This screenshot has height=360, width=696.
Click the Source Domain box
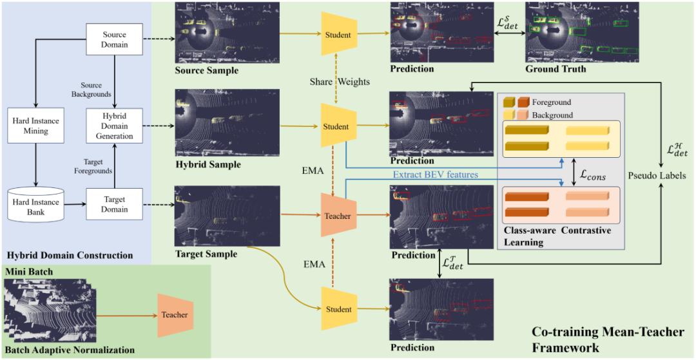(114, 39)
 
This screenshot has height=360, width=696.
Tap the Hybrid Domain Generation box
(114, 125)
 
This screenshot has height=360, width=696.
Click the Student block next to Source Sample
(338, 33)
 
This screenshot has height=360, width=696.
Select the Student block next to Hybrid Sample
(338, 126)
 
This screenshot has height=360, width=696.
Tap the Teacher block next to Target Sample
(338, 216)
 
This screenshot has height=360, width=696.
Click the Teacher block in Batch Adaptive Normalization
(175, 315)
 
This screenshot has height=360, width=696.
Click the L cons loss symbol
(592, 176)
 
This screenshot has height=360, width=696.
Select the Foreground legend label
(552, 102)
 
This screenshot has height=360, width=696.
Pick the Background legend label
(552, 115)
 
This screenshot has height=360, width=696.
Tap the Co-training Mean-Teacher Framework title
(607, 339)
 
